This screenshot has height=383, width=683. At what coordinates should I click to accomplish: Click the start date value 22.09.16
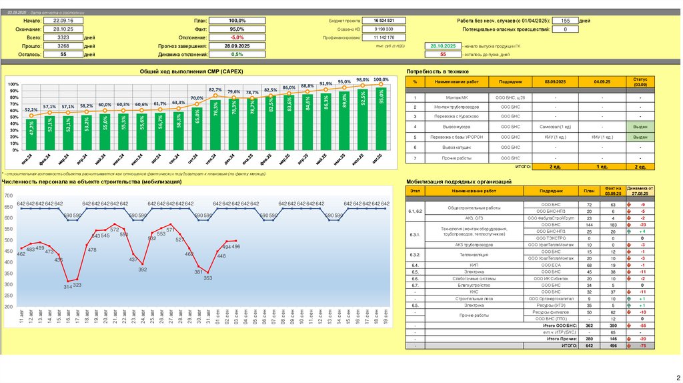[62, 21]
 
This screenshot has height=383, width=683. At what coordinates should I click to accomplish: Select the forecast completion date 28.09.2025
[237, 46]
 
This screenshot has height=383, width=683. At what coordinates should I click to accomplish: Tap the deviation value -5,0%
[237, 37]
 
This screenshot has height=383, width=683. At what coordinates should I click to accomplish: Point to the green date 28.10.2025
[443, 46]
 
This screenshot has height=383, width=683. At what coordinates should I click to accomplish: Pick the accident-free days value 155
[565, 21]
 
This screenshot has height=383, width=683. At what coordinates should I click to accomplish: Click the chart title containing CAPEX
[196, 71]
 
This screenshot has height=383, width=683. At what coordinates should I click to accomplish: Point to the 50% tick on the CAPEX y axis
[14, 118]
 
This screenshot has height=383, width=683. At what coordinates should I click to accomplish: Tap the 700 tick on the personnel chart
[8, 196]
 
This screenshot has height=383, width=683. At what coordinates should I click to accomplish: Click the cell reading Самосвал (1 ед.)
[556, 126]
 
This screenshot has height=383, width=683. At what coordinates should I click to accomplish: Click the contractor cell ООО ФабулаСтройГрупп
[550, 218]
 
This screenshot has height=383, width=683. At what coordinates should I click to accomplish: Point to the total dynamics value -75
[642, 346]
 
